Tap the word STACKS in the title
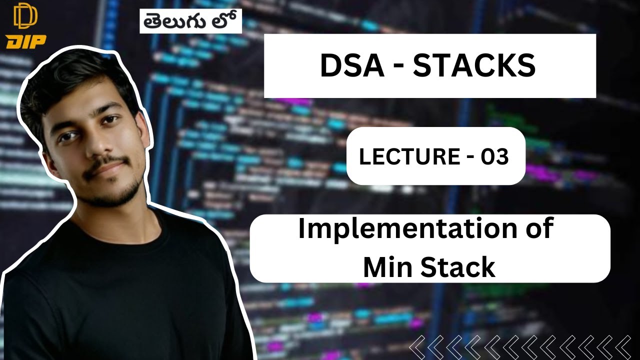[x=474, y=66]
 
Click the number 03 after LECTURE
[x=494, y=157]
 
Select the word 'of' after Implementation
[x=539, y=229]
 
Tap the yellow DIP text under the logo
[x=25, y=41]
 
